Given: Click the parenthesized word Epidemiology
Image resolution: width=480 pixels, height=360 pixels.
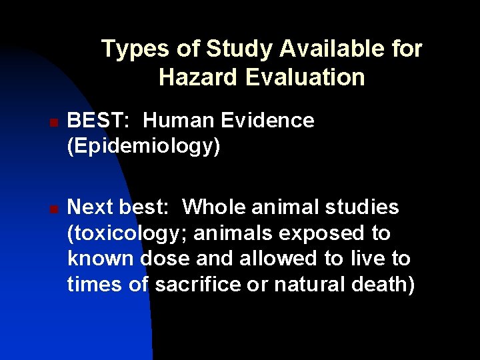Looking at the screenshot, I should [x=143, y=146].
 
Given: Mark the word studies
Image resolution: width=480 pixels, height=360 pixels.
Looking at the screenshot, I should [x=363, y=207].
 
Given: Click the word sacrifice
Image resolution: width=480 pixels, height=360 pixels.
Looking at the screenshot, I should [x=195, y=285].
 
